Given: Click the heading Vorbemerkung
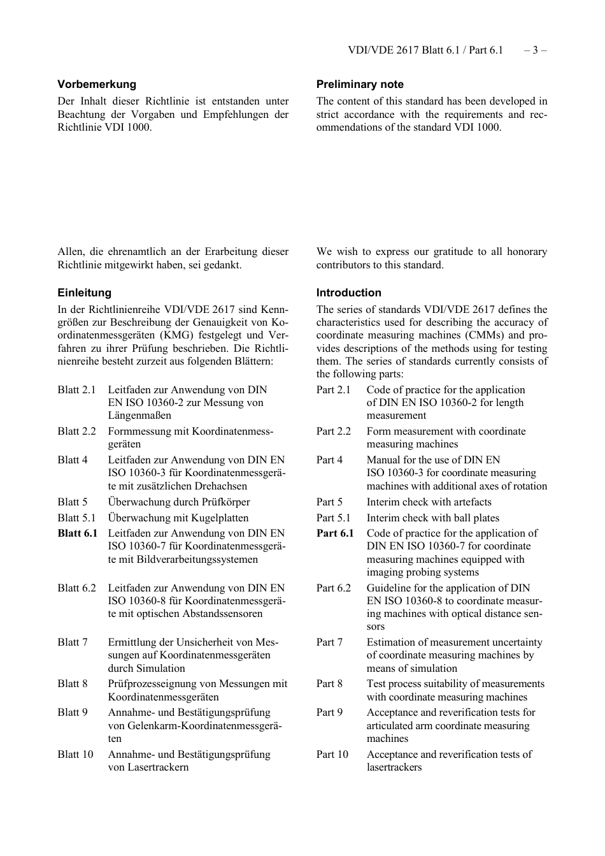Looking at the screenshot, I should (97, 84).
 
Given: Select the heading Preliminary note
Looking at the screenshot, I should (360, 84).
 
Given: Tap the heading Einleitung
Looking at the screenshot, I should (84, 293).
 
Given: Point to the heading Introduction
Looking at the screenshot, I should (349, 293).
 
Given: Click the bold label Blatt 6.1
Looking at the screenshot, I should (77, 533).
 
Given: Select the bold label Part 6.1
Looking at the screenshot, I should (335, 533).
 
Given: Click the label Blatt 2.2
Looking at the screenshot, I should (76, 432).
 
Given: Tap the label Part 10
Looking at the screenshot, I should (332, 755).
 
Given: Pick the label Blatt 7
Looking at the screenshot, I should (73, 642).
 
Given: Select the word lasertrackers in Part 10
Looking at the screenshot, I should (394, 767).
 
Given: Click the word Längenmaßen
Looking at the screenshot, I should (139, 416).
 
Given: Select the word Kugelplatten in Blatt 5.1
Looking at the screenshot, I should (220, 518).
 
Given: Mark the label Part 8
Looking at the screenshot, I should (329, 684).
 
